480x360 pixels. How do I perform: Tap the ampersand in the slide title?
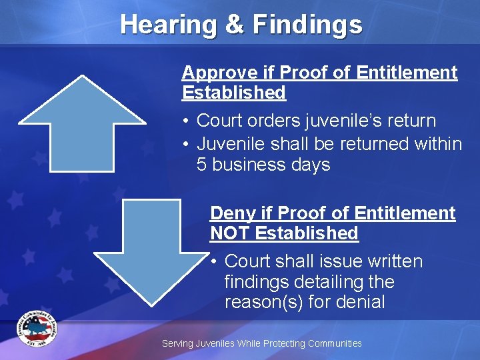(235, 25)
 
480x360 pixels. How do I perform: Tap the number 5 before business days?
(203, 165)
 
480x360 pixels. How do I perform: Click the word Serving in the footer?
(177, 343)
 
